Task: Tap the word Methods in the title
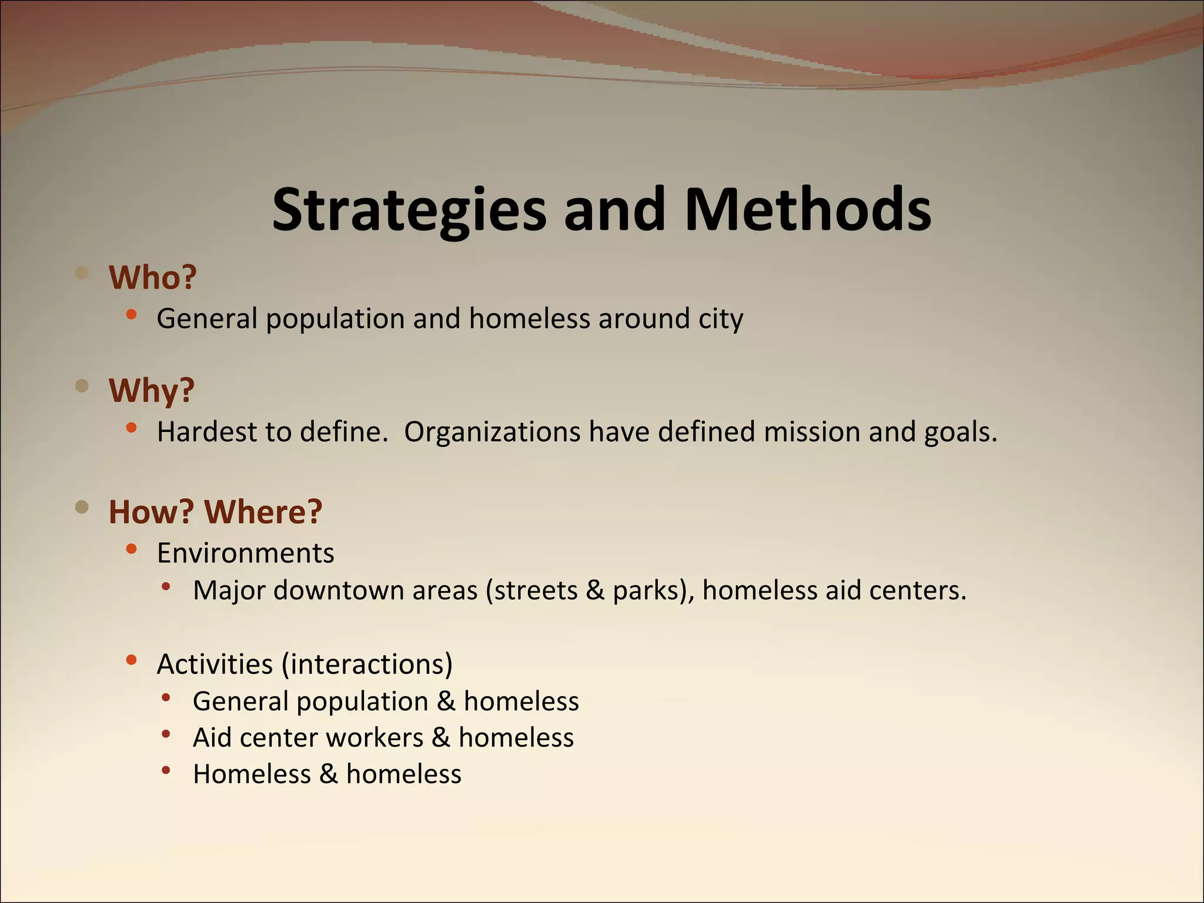pyautogui.click(x=808, y=210)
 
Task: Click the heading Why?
pyautogui.click(x=152, y=390)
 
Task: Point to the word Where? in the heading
pyautogui.click(x=263, y=511)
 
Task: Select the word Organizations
pyautogui.click(x=492, y=432)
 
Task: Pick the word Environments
pyautogui.click(x=246, y=553)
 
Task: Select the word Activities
pyautogui.click(x=215, y=664)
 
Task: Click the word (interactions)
pyautogui.click(x=367, y=664)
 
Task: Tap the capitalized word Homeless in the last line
pyautogui.click(x=252, y=774)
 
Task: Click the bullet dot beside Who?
pyautogui.click(x=82, y=272)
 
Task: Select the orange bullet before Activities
pyautogui.click(x=131, y=660)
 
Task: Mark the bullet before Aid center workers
pyautogui.click(x=166, y=734)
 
